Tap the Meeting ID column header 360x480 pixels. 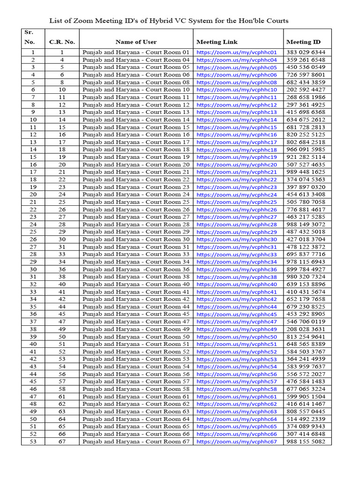pyautogui.click(x=303, y=42)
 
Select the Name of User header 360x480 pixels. pyautogui.click(x=136, y=42)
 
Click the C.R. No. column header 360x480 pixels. pyautogui.click(x=62, y=42)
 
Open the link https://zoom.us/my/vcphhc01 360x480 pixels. pyautogui.click(x=237, y=52)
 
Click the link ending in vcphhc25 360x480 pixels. pyautogui.click(x=237, y=202)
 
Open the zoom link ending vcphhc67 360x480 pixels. pyautogui.click(x=237, y=442)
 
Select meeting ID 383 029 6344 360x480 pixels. pyautogui.click(x=306, y=52)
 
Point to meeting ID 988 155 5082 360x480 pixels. pyautogui.click(x=306, y=442)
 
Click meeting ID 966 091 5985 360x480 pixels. pyautogui.click(x=306, y=150)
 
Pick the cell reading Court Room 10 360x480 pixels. pyautogui.click(x=136, y=90)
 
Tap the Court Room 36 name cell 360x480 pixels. pyautogui.click(x=136, y=270)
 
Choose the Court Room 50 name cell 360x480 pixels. pyautogui.click(x=136, y=337)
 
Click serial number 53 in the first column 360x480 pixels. pyautogui.click(x=33, y=442)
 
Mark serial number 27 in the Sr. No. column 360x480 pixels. pyautogui.click(x=33, y=247)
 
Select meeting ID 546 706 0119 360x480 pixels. pyautogui.click(x=306, y=322)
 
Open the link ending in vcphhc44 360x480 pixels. pyautogui.click(x=237, y=307)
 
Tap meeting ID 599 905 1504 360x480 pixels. pyautogui.click(x=306, y=397)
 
